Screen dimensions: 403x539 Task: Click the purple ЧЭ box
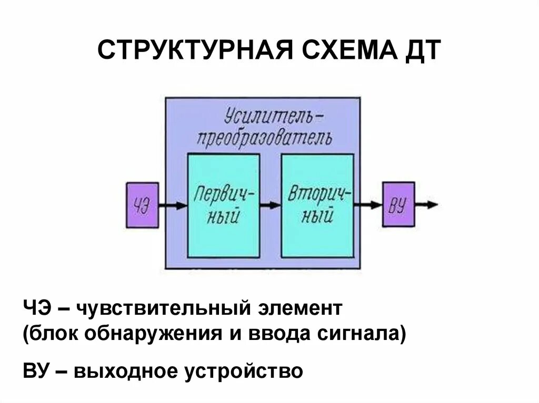pyautogui.click(x=142, y=205)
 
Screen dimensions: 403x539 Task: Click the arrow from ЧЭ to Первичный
pyautogui.click(x=173, y=205)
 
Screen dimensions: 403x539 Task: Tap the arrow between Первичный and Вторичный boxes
pyautogui.click(x=270, y=205)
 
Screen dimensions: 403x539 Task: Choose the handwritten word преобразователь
pyautogui.click(x=264, y=138)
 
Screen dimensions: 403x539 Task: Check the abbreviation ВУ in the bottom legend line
pyautogui.click(x=36, y=371)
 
